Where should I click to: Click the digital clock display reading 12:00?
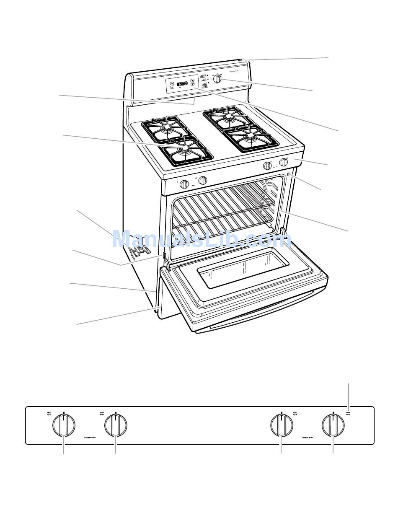(182, 84)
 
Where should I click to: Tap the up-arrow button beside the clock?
(192, 80)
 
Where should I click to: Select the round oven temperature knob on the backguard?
(217, 78)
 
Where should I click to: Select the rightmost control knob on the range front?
(284, 162)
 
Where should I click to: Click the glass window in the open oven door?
(243, 267)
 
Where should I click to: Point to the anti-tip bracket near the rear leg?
(139, 251)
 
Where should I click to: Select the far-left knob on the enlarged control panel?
(64, 425)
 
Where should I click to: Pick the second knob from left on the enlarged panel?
(116, 425)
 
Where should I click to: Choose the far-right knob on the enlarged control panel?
(333, 425)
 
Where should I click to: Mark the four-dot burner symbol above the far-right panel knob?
(348, 414)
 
